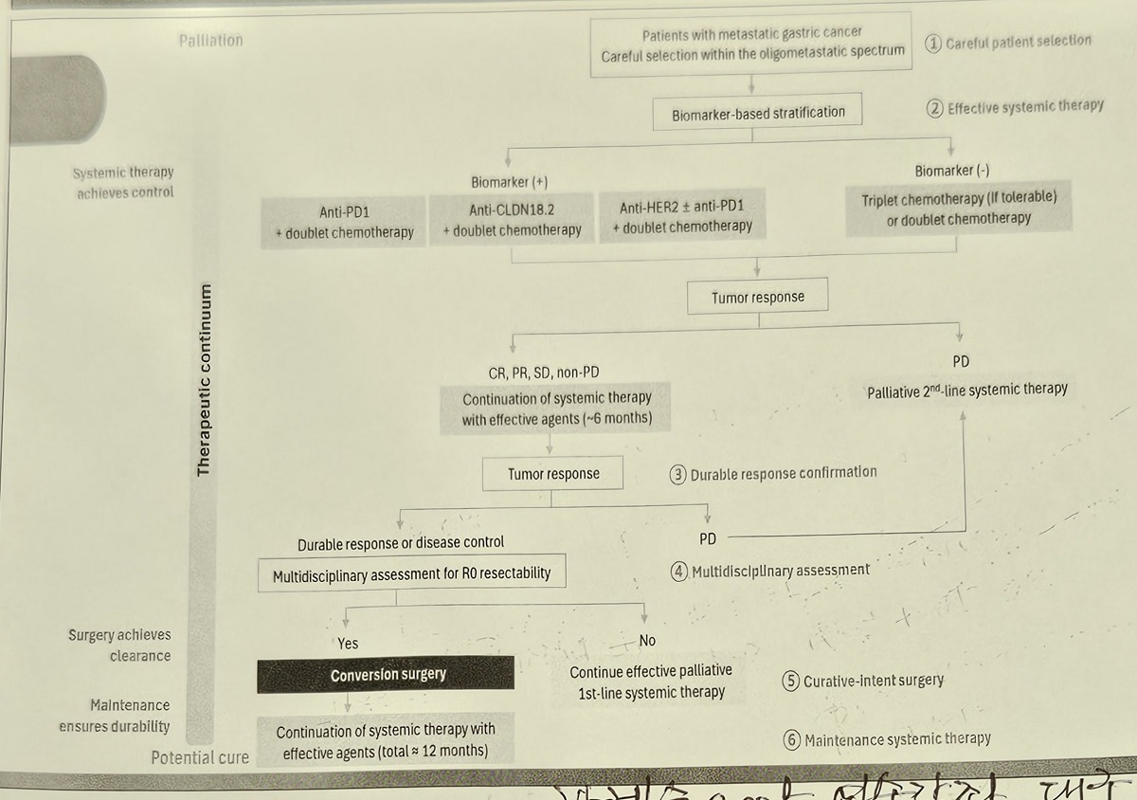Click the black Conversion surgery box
click(387, 675)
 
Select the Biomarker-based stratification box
click(758, 113)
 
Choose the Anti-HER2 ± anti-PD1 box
click(682, 217)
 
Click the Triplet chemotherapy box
click(959, 209)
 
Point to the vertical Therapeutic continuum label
click(203, 379)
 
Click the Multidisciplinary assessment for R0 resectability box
click(411, 574)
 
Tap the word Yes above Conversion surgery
click(348, 643)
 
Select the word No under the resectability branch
click(647, 641)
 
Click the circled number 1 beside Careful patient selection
click(934, 43)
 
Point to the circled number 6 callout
click(792, 740)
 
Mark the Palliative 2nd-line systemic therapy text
click(966, 390)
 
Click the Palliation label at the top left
click(210, 40)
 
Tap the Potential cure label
click(200, 757)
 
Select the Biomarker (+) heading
click(510, 181)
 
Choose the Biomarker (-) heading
click(953, 171)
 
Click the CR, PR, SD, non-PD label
click(543, 373)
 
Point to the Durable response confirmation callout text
click(784, 473)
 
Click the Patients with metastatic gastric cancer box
click(752, 45)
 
